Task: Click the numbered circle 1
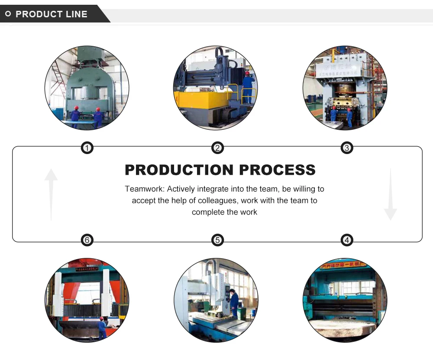[87, 148]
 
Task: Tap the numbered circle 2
[217, 148]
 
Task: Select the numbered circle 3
[346, 148]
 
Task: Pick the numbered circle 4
[346, 240]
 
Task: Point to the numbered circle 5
[217, 240]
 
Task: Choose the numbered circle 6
[87, 240]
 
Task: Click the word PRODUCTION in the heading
[179, 170]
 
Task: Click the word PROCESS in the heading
[277, 170]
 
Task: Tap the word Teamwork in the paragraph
[144, 189]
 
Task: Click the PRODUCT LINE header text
[51, 14]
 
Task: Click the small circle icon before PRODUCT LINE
[8, 14]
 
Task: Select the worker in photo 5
[234, 302]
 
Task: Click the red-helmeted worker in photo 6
[102, 328]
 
